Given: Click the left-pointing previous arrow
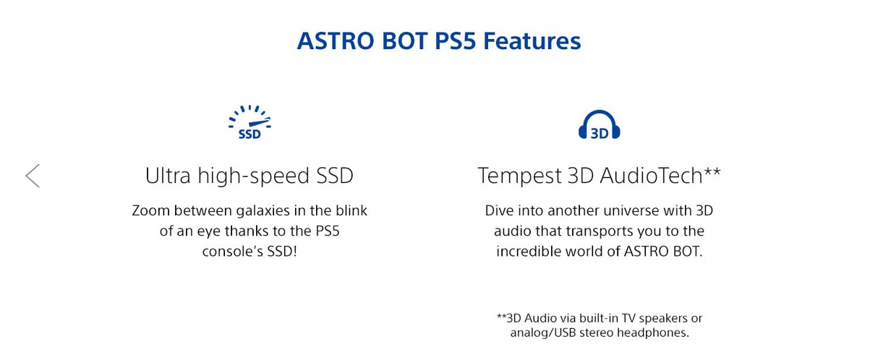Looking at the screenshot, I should point(33,176).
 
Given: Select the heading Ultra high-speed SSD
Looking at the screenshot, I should point(250,176).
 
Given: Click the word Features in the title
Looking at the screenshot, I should point(532,40).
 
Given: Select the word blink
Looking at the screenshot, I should point(350,211).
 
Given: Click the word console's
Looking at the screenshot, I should point(230,252).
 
